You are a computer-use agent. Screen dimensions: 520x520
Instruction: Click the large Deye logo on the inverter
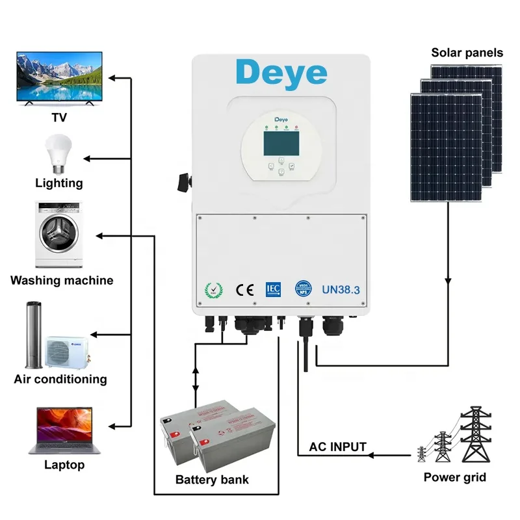click(x=281, y=73)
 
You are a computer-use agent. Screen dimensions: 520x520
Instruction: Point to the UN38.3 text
click(x=340, y=290)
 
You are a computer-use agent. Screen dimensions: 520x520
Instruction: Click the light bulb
click(x=57, y=153)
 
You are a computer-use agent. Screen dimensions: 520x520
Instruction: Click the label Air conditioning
click(x=60, y=379)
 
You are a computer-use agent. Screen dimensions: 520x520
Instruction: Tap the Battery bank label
click(x=212, y=480)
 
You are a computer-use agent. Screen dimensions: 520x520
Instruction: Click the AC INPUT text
click(x=337, y=447)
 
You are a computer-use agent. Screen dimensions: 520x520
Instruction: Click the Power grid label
click(x=454, y=478)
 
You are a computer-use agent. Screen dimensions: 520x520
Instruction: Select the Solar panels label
click(x=467, y=53)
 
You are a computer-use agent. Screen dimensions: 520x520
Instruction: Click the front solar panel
click(x=446, y=148)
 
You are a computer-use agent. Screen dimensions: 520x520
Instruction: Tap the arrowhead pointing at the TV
click(x=112, y=78)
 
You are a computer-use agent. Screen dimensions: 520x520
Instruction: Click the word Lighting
click(x=59, y=183)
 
